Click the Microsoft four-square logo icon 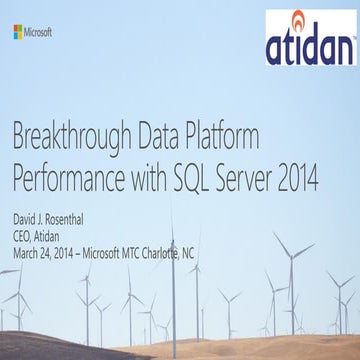[17, 32]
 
